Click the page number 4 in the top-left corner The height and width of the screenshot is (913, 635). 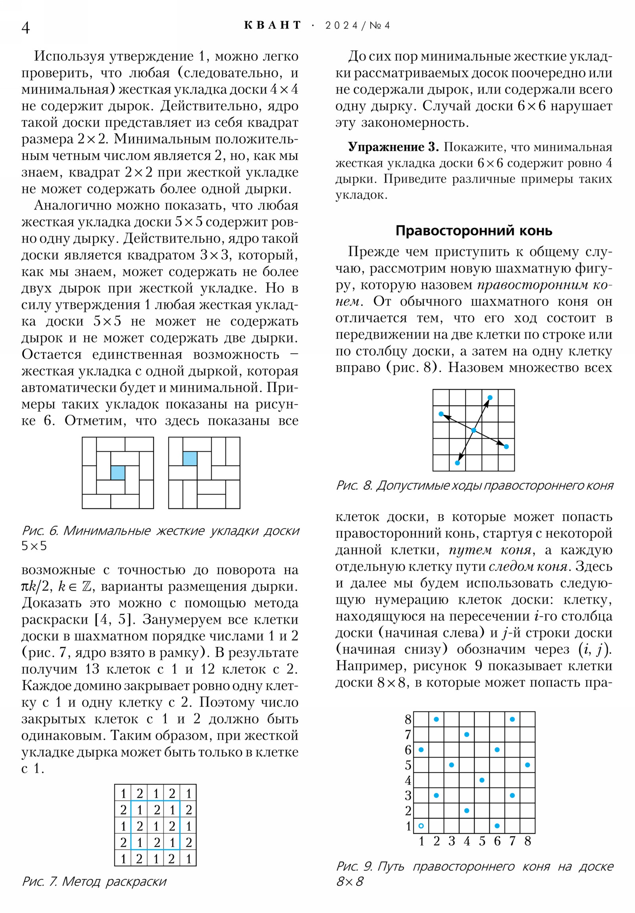pyautogui.click(x=25, y=28)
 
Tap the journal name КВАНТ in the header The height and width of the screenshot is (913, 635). pyautogui.click(x=273, y=25)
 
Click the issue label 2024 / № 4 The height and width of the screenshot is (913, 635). pyautogui.click(x=357, y=26)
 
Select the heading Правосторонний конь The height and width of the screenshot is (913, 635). pyautogui.click(x=473, y=231)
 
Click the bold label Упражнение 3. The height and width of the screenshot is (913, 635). pyautogui.click(x=393, y=147)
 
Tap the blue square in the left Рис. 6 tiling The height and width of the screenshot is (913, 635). pyautogui.click(x=118, y=473)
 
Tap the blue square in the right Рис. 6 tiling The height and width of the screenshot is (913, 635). pyautogui.click(x=190, y=458)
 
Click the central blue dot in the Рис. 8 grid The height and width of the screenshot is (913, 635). pyautogui.click(x=473, y=430)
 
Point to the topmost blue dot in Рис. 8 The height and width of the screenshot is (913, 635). pyautogui.click(x=490, y=398)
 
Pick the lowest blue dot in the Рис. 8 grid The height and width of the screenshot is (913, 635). pyautogui.click(x=457, y=463)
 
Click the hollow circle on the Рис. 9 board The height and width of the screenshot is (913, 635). pyautogui.click(x=421, y=826)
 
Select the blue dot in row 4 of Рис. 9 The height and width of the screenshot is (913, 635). pyautogui.click(x=482, y=780)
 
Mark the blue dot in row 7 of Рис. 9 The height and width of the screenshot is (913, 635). pyautogui.click(x=467, y=734)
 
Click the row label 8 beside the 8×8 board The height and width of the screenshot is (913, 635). pyautogui.click(x=408, y=720)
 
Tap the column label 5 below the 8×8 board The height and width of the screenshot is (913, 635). pyautogui.click(x=482, y=842)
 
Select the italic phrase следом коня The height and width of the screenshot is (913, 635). pyautogui.click(x=527, y=566)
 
